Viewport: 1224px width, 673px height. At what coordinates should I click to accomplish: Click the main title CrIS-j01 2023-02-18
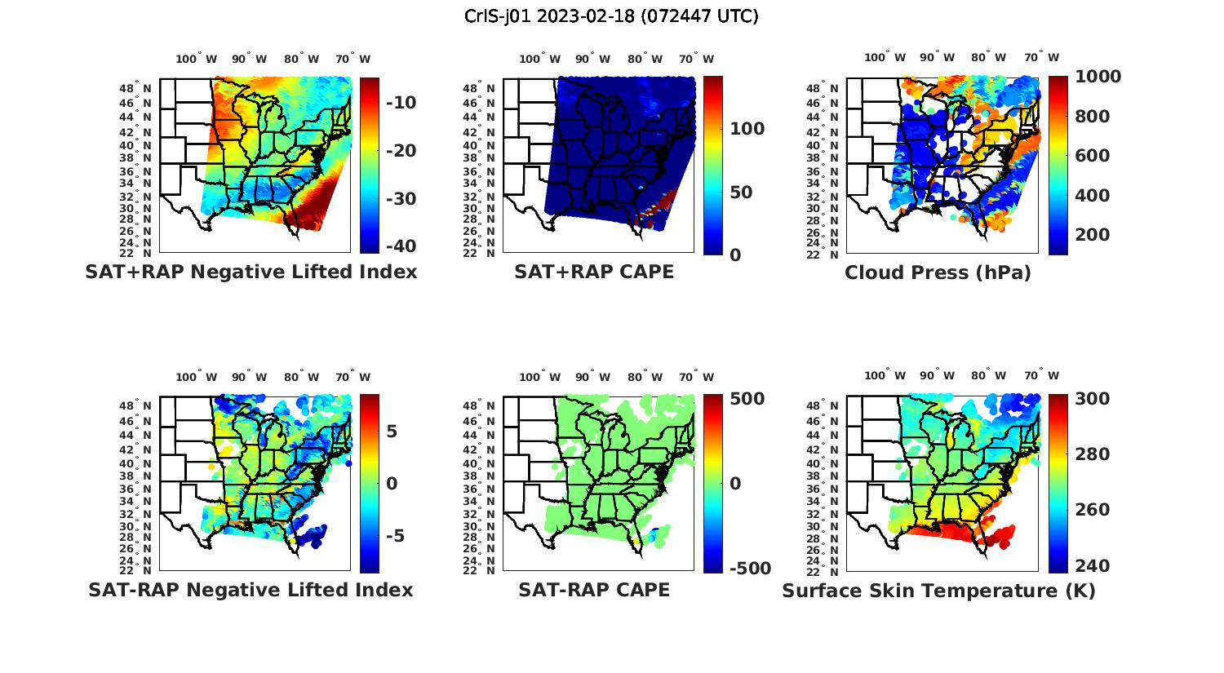click(611, 15)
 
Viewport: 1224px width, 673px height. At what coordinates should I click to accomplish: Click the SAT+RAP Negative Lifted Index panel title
click(251, 272)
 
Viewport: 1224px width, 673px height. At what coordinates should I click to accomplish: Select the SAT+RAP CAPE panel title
click(594, 272)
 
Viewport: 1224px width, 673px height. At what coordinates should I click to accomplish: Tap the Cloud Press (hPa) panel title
click(938, 272)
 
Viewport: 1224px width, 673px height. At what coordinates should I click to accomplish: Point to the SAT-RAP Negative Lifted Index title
click(251, 590)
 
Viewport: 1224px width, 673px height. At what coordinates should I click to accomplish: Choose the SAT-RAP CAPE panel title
click(594, 590)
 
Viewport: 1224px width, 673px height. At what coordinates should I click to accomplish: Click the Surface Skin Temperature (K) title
click(938, 591)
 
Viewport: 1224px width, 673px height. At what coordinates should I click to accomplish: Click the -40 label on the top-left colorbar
click(399, 246)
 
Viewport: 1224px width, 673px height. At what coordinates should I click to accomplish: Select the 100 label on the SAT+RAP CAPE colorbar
click(747, 129)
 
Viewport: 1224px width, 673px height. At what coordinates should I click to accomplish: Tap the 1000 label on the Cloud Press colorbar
click(1098, 77)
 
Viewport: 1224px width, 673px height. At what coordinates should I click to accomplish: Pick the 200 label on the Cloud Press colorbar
click(1092, 235)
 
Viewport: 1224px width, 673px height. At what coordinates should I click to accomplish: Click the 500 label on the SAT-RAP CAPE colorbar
click(747, 399)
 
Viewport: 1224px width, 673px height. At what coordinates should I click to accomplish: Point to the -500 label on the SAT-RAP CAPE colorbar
click(748, 569)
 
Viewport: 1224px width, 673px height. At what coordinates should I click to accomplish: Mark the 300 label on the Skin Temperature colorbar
click(1092, 399)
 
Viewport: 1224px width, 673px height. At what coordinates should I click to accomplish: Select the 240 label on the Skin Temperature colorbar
click(1092, 566)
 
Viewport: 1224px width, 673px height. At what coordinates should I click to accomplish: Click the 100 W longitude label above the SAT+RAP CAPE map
click(539, 59)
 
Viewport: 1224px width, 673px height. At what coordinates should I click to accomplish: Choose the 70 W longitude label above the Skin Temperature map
click(1041, 376)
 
